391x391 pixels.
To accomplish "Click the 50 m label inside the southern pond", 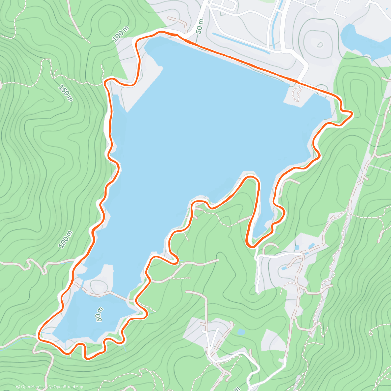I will (100, 314).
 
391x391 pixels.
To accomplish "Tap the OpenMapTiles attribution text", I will (32, 387).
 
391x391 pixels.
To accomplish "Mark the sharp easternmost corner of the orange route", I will (352, 113).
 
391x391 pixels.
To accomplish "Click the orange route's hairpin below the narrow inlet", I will (250, 245).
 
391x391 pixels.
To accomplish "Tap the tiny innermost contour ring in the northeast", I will (320, 44).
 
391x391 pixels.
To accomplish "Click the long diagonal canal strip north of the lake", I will (241, 42).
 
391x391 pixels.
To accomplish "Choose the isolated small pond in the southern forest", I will (241, 332).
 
